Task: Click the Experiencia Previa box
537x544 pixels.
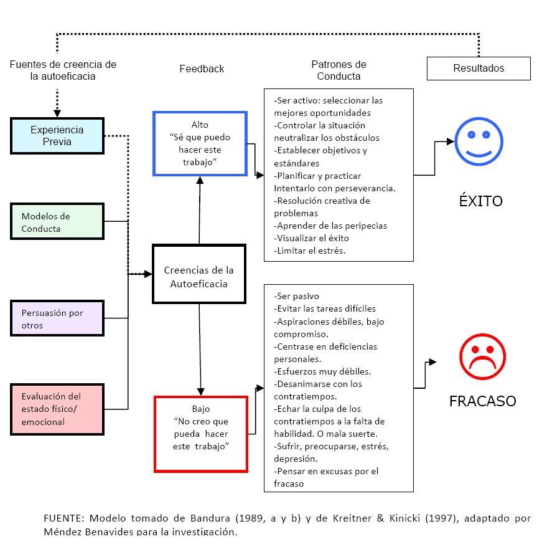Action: coord(57,136)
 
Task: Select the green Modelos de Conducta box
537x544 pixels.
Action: coord(57,222)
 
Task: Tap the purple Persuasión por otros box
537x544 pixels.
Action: coord(57,318)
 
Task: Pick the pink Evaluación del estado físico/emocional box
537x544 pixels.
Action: coord(57,409)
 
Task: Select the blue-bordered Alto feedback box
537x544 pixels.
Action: coord(200,143)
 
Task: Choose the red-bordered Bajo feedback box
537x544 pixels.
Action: coord(200,434)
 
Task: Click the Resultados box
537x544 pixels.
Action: coord(478,69)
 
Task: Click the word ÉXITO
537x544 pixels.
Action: coord(480,201)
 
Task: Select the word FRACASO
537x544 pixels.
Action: coord(482,401)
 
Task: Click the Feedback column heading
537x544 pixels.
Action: coord(202,69)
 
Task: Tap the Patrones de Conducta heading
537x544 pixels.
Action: coord(339,70)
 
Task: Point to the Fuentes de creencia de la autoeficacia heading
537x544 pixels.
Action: coord(63,70)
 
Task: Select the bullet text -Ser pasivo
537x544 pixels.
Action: coord(297,296)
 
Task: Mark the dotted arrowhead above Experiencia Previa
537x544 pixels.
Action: coord(57,113)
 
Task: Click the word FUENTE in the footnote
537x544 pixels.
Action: coord(63,518)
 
